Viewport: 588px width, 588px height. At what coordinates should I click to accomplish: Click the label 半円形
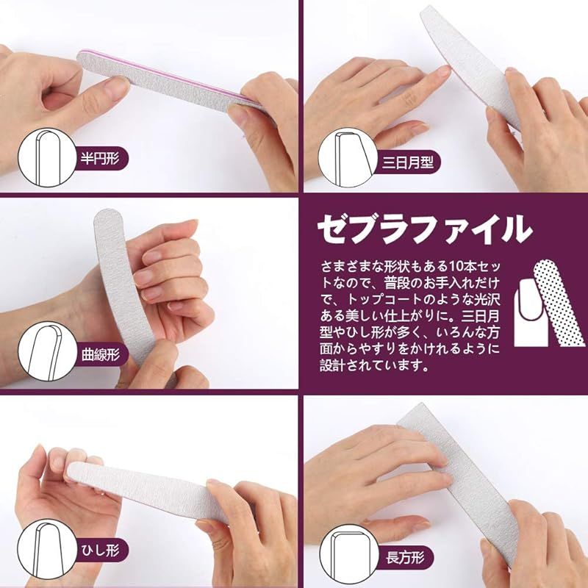pos(100,159)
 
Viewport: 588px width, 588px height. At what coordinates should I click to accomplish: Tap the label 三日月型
pos(408,162)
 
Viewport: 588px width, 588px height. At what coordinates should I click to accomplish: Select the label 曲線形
pos(101,354)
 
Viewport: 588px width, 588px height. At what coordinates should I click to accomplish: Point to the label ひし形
pos(100,550)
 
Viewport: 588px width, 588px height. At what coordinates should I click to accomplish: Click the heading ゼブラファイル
pos(425,229)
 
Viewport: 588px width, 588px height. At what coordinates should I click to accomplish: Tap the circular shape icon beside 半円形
pos(47,157)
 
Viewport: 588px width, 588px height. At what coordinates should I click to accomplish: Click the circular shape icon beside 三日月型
pos(348,157)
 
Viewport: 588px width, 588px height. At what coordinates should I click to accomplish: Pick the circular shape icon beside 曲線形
pos(47,352)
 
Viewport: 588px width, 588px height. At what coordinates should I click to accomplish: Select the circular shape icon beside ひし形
pos(47,548)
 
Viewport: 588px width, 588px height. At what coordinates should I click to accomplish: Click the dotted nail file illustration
pos(558,303)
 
